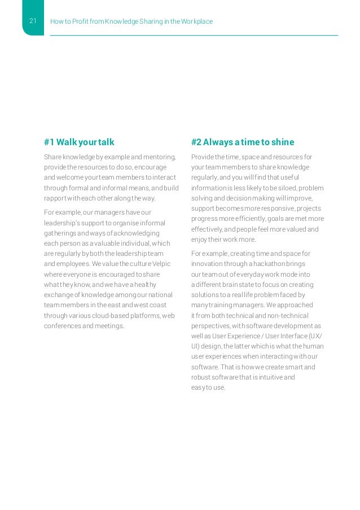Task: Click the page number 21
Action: click(x=32, y=21)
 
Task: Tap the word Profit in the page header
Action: click(x=79, y=22)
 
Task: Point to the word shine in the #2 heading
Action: click(x=282, y=142)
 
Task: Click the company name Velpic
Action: click(x=160, y=264)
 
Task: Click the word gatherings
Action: click(x=60, y=233)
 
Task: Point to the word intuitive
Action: click(x=269, y=377)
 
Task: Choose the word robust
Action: click(x=200, y=377)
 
